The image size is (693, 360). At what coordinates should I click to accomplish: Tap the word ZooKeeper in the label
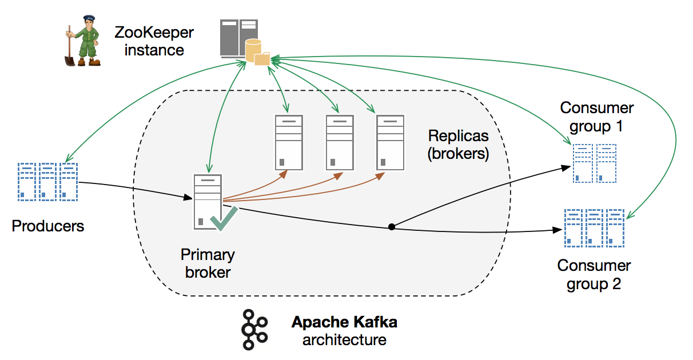154,32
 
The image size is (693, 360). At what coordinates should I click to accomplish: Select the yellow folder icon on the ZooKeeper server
262,58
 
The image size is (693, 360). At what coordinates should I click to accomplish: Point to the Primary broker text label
208,263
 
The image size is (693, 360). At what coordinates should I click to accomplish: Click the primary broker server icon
207,202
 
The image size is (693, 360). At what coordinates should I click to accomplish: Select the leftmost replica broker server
289,142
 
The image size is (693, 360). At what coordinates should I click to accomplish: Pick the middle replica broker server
340,142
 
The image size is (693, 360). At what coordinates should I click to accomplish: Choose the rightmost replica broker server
391,142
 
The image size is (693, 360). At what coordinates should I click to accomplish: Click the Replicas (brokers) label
459,145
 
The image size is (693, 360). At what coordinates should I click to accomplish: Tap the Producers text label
48,226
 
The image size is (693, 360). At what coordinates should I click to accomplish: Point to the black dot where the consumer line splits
392,227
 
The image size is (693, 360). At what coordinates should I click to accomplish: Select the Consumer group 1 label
597,116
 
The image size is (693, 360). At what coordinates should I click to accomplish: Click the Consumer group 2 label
594,274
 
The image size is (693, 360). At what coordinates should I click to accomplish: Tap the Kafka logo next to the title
253,330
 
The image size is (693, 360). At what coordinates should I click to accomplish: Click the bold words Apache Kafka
344,322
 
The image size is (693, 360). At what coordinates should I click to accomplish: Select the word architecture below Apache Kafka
344,340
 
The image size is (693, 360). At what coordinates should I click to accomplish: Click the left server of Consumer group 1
583,163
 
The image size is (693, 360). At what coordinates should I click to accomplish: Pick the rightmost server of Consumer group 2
615,227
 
